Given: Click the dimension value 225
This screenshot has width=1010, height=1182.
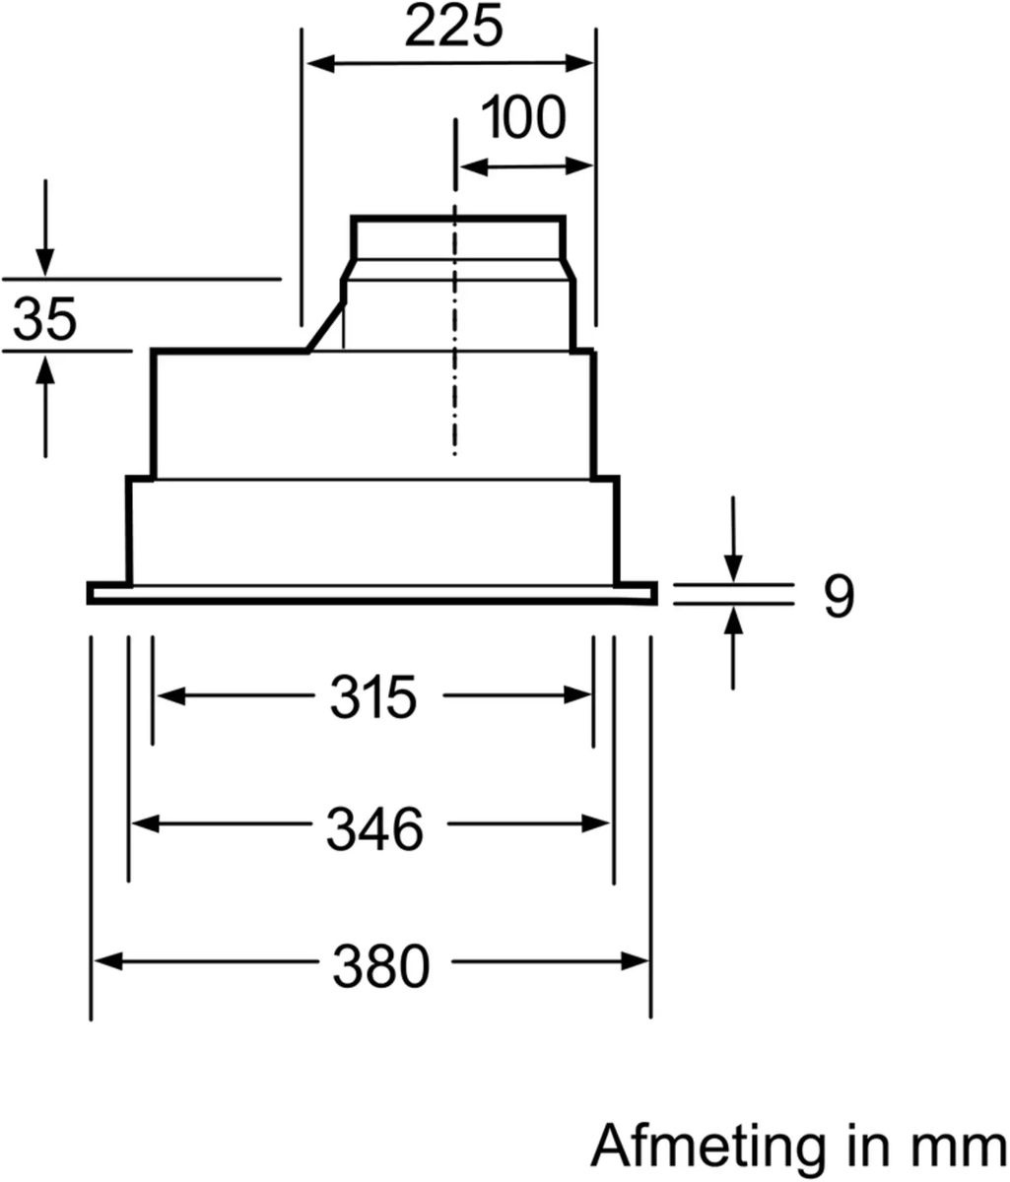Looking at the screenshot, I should coord(454,29).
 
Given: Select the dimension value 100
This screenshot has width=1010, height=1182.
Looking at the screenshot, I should coord(524,117).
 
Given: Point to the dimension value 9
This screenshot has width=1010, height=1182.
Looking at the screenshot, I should coord(839,596).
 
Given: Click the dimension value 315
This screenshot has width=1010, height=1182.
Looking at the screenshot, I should coord(372,697).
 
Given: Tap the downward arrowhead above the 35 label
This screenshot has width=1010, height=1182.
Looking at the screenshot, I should coord(45,262).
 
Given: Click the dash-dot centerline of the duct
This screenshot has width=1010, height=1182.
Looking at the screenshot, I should coord(454,335).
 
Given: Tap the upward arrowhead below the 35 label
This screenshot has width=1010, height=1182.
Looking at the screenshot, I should coord(45,368).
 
